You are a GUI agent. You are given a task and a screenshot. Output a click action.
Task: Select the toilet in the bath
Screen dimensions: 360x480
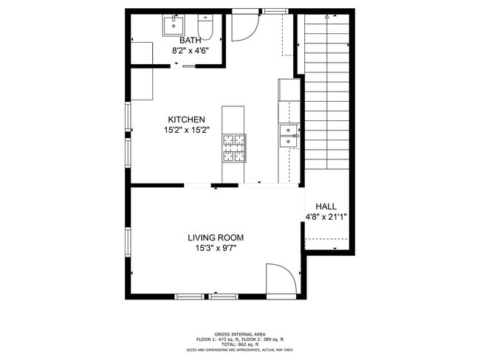[206, 28]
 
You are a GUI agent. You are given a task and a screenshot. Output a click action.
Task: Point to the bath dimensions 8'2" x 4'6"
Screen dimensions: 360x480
[190, 52]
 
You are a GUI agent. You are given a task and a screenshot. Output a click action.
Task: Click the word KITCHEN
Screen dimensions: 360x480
[185, 120]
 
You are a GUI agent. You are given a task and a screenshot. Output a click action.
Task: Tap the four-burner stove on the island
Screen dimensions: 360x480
[233, 147]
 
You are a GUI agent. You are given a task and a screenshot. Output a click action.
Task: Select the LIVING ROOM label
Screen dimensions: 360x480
[215, 238]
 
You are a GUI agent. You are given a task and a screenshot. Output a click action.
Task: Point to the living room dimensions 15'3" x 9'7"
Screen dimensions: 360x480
[215, 248]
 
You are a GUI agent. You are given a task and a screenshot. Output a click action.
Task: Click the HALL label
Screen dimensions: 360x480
[326, 207]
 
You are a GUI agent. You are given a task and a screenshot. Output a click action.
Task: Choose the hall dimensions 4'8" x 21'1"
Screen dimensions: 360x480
[326, 217]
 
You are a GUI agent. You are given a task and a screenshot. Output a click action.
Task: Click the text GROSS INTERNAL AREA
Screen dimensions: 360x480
[240, 333]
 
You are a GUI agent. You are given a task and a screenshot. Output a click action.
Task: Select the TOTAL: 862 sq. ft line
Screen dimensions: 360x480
[240, 344]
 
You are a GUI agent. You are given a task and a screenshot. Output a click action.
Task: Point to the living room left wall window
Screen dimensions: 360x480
[129, 243]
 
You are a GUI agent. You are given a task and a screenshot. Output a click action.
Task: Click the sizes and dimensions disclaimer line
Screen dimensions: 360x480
[240, 350]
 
